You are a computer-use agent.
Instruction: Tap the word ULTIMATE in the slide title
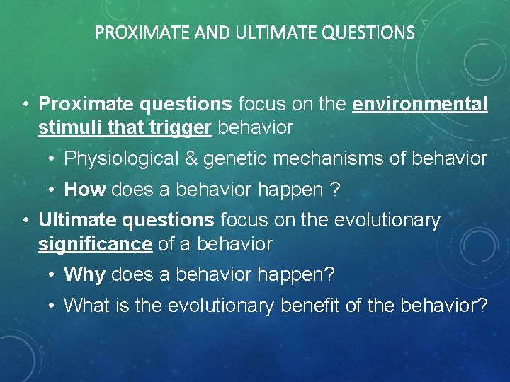click(x=261, y=33)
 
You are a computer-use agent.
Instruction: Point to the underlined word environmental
click(x=420, y=105)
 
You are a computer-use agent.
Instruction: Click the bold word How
click(x=85, y=190)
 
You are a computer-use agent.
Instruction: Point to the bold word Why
click(x=85, y=274)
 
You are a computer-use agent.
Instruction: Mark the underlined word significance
click(x=95, y=245)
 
